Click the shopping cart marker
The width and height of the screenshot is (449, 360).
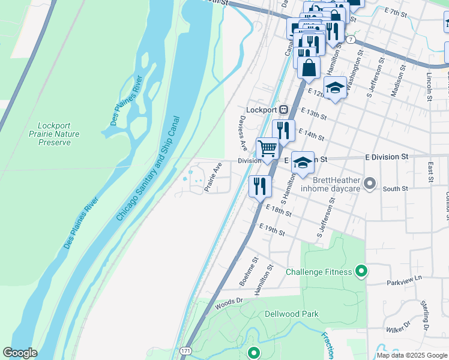pyautogui.click(x=267, y=148)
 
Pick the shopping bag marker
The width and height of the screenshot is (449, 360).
pyautogui.click(x=309, y=67)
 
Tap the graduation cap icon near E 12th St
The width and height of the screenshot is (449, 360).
pyautogui.click(x=334, y=88)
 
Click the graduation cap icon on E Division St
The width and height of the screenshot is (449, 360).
pyautogui.click(x=303, y=162)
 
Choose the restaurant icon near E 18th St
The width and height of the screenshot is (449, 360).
pyautogui.click(x=259, y=185)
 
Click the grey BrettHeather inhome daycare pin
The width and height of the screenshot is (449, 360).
pyautogui.click(x=370, y=183)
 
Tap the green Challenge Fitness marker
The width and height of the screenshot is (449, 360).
pyautogui.click(x=361, y=272)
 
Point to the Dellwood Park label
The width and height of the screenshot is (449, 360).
pyautogui.click(x=292, y=314)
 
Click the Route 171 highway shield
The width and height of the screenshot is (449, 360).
pyautogui.click(x=186, y=350)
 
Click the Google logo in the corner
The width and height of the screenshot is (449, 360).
pyautogui.click(x=20, y=353)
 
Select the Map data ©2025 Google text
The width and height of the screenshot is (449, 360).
pyautogui.click(x=412, y=355)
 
